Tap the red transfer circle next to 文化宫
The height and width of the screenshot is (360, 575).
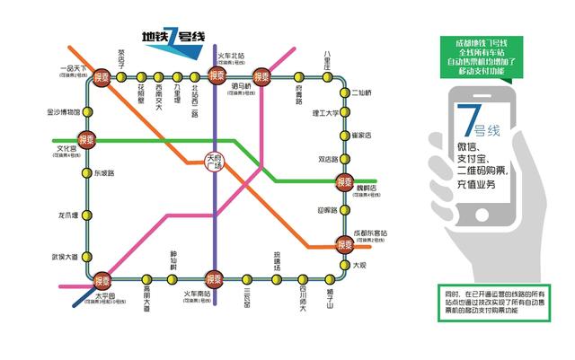click(86, 140)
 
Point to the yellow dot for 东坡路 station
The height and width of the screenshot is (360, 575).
click(87, 173)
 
